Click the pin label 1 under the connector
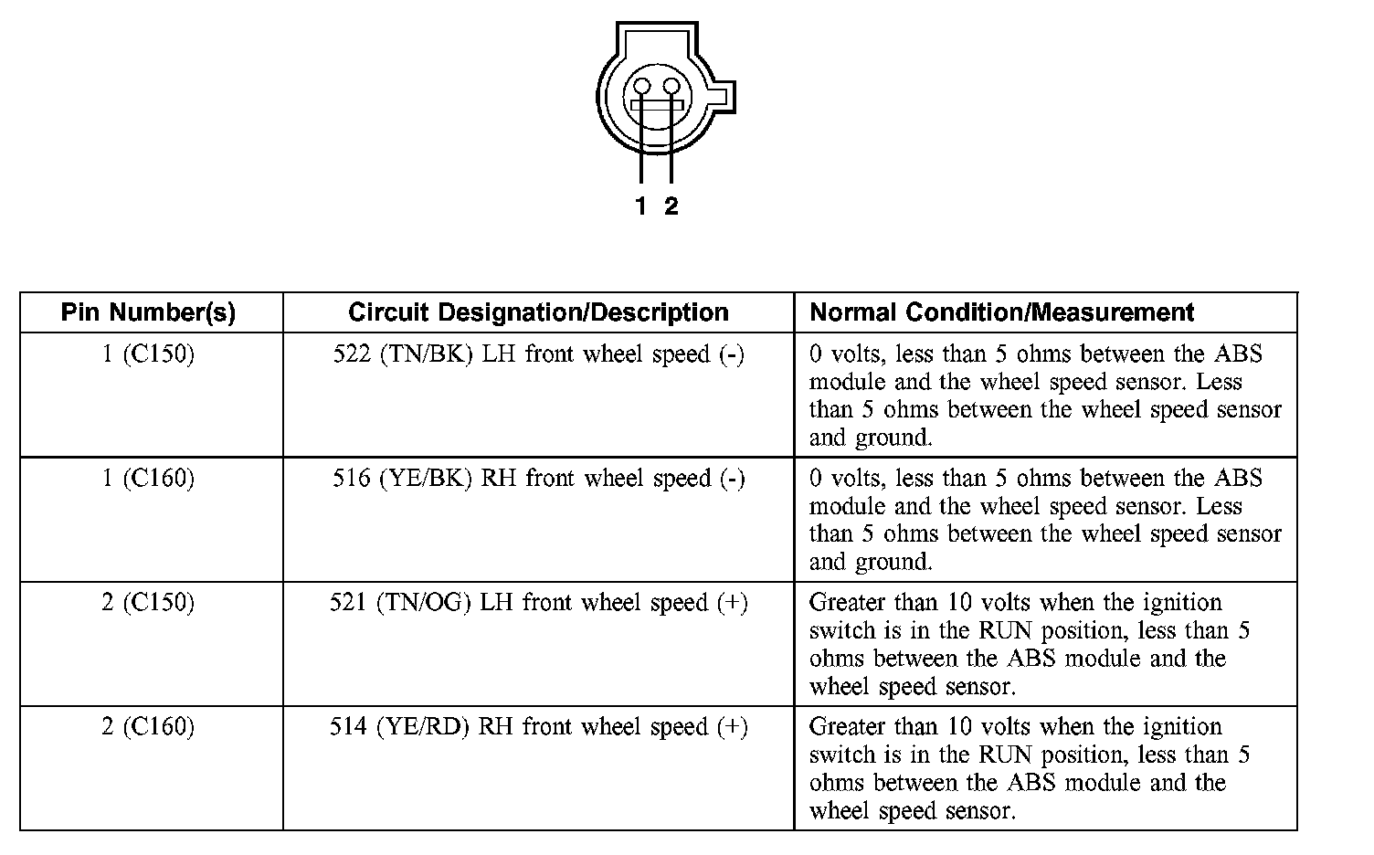point(640,206)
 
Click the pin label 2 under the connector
point(671,206)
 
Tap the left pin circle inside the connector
point(641,87)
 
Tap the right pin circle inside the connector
point(671,87)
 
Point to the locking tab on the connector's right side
point(724,97)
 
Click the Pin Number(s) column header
point(148,312)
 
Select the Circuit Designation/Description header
point(539,312)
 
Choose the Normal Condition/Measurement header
point(1001,312)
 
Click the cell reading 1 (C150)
point(148,354)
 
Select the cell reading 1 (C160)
point(148,478)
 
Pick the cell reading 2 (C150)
point(148,602)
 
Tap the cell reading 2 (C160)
point(148,726)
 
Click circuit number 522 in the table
point(352,354)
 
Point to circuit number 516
point(352,478)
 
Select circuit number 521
point(348,602)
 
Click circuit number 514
point(348,726)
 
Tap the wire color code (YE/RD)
point(423,727)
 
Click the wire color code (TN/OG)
point(423,603)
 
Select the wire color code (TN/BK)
point(427,354)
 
